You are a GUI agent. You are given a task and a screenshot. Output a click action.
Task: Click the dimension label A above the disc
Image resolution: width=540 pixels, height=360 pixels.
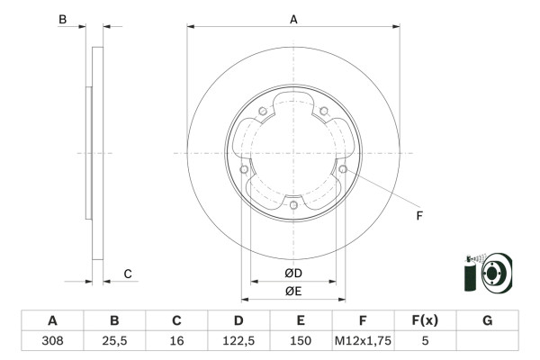293,19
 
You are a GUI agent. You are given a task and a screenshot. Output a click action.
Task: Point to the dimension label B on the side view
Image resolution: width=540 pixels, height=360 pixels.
62,19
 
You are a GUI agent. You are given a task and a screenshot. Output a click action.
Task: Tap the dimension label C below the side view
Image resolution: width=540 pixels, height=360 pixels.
128,274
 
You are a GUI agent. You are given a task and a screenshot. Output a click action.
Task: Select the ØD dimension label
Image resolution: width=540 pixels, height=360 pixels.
293,274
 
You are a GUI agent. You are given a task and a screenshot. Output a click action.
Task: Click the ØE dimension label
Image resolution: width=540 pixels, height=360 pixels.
293,291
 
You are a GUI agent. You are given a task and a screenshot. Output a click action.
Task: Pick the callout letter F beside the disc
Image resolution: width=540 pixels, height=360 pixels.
418,215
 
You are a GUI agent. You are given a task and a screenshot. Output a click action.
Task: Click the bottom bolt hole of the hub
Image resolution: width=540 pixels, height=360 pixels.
293,205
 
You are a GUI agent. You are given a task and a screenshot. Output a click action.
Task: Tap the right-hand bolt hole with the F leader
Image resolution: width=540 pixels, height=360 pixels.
343,169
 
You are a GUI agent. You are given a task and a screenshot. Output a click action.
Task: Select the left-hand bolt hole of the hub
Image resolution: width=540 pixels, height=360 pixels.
244,169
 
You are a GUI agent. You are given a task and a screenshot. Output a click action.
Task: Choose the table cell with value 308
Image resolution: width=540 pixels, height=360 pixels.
52,341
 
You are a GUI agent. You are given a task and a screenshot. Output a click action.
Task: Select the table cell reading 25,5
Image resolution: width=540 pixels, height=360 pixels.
114,341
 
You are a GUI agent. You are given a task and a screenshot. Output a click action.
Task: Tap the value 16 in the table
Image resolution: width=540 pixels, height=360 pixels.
176,341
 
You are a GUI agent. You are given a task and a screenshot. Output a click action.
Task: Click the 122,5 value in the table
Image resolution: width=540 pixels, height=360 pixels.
238,341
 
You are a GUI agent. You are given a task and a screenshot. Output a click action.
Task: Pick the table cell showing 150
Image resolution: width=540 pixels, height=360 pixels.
301,341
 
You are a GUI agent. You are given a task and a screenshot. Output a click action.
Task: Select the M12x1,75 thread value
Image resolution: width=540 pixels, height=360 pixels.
363,341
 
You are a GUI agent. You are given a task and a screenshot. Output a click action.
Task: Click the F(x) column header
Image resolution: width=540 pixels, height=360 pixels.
425,321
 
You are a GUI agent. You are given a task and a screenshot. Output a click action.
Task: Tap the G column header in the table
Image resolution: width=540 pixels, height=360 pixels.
487,321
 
